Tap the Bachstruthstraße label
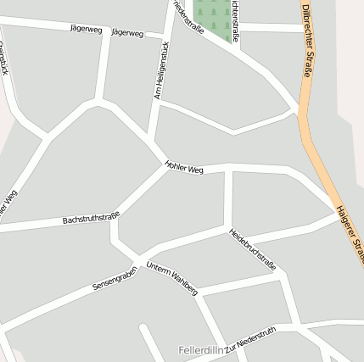(90, 219)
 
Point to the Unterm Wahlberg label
(171, 278)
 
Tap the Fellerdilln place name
(201, 350)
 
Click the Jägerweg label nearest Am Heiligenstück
(127, 33)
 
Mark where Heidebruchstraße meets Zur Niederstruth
(292, 325)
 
